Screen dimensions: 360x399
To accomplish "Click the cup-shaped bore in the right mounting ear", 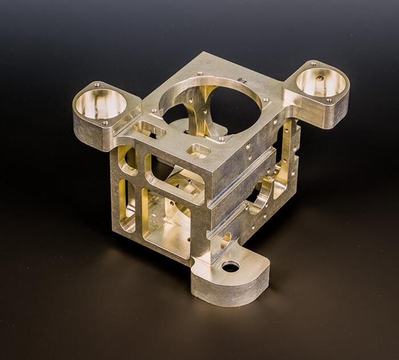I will [321, 82].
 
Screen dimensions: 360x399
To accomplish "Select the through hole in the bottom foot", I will [231, 266].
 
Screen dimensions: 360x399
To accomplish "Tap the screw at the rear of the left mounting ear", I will [97, 84].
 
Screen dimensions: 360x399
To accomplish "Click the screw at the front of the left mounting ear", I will [105, 122].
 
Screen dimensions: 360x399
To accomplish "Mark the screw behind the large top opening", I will [199, 73].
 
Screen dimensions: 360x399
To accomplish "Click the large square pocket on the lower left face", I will [165, 222].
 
